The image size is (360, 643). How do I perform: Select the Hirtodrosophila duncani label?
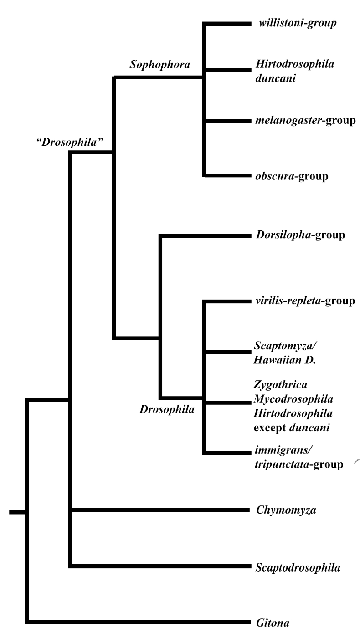pyautogui.click(x=293, y=71)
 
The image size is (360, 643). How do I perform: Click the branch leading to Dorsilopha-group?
pyautogui.click(x=205, y=236)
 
